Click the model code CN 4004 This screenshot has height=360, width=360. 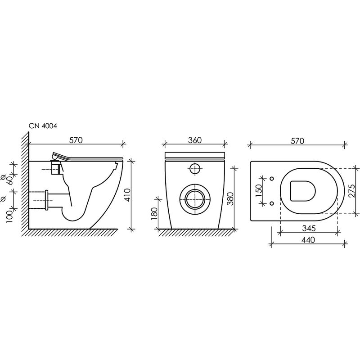tap(43, 126)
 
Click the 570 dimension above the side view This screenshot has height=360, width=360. tap(76, 140)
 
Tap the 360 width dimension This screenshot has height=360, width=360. tap(195, 140)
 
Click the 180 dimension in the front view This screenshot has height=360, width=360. tap(154, 214)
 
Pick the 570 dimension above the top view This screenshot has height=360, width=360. tap(297, 141)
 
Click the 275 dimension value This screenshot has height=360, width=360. tap(351, 191)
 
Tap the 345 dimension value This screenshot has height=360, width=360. tap(309, 228)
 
